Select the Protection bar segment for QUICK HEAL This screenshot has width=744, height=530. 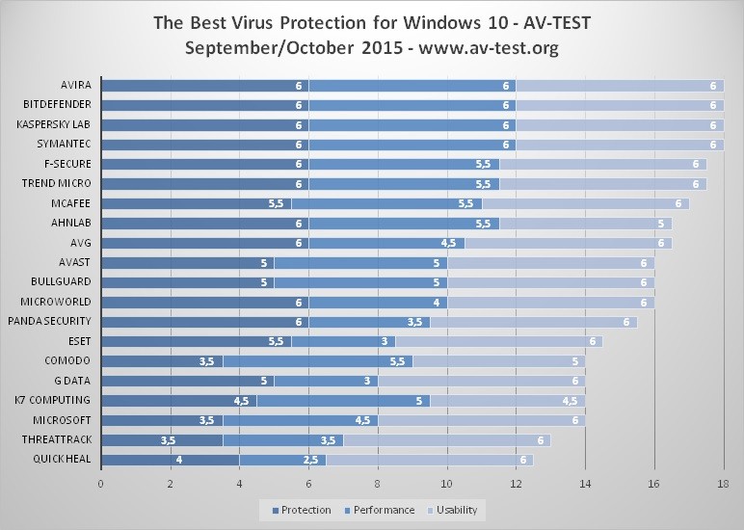tap(170, 460)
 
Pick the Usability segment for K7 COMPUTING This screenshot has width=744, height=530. tap(507, 401)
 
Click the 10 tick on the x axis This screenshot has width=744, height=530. tap(447, 485)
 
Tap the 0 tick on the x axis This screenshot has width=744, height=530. tap(101, 485)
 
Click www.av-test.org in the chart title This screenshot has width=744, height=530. tap(482, 46)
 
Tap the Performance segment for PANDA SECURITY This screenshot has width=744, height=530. tap(369, 322)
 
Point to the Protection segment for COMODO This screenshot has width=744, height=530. tap(161, 361)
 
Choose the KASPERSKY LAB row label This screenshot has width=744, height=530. tap(54, 124)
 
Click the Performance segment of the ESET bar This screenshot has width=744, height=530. tap(343, 341)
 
